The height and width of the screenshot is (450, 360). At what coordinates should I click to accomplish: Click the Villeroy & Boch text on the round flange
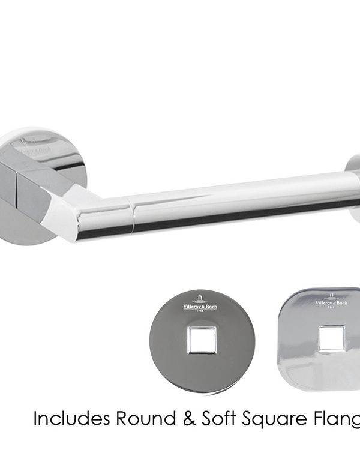(x=200, y=307)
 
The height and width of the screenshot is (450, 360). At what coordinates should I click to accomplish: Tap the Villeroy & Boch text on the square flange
(x=331, y=304)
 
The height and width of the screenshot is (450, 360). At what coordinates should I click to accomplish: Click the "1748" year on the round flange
(x=200, y=312)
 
